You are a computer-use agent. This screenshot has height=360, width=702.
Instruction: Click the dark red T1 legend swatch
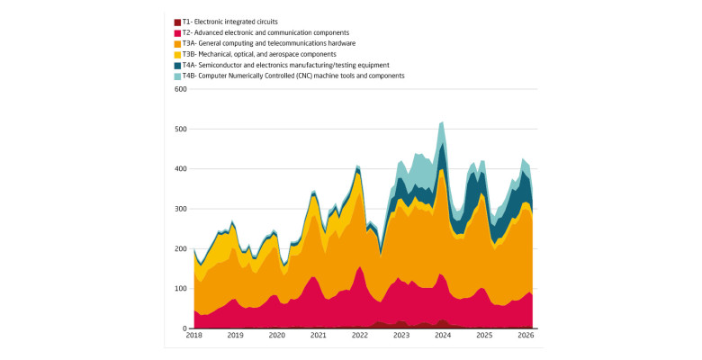point(177,22)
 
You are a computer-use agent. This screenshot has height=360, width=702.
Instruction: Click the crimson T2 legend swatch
point(177,32)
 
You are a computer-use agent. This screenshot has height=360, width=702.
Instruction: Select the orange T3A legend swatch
point(177,43)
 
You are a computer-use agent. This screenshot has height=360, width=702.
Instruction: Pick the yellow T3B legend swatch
point(177,54)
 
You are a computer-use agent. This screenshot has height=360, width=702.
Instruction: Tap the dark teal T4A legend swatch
point(177,66)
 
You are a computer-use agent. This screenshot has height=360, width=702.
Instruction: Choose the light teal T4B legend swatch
point(177,76)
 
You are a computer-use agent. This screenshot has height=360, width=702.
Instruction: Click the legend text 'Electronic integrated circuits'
point(236,22)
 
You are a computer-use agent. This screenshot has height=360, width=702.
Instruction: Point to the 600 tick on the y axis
point(181,89)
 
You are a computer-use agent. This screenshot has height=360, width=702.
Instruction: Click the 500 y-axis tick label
point(181,129)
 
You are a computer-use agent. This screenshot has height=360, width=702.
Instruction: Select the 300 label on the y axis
point(181,209)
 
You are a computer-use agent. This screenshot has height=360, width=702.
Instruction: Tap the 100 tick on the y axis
point(181,288)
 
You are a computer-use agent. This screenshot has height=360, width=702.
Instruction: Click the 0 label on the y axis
point(184,328)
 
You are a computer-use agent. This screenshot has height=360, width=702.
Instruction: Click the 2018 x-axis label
point(193,336)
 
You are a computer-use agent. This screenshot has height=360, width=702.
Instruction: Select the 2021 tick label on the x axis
point(319,336)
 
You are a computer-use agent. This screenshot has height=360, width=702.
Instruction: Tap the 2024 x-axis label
point(443,336)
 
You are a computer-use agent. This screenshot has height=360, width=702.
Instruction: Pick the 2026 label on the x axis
point(526,336)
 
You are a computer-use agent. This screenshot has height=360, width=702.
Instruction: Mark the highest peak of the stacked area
point(442,121)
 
